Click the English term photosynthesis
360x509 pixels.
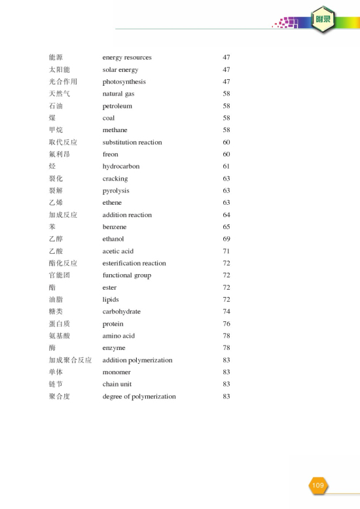[124, 82]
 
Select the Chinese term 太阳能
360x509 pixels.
[60, 69]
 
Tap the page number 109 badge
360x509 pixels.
[317, 485]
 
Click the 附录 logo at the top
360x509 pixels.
[322, 19]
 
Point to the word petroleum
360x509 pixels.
[117, 106]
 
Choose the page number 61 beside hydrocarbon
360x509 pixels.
[226, 166]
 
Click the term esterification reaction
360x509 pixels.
[134, 263]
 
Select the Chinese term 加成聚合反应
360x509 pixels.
[70, 360]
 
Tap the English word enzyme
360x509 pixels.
[114, 348]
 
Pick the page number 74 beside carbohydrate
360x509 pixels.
[226, 311]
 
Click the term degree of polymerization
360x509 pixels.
[139, 396]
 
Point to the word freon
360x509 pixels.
[111, 154]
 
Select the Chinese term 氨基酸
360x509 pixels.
[60, 336]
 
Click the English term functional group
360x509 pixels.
[127, 275]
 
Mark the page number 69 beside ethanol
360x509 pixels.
[226, 239]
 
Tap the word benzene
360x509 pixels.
[115, 227]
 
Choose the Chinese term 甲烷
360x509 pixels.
[56, 130]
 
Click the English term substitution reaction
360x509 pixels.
[132, 142]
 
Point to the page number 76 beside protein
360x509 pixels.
[226, 324]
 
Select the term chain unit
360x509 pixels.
[117, 384]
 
